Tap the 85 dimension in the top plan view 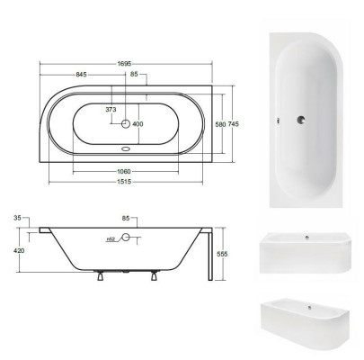(133, 75)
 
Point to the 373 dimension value (111, 109)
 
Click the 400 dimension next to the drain (138, 124)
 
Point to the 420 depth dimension (17, 252)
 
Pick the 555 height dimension (235, 255)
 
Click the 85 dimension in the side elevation (126, 217)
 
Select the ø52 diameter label (111, 240)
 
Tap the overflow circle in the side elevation (127, 239)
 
